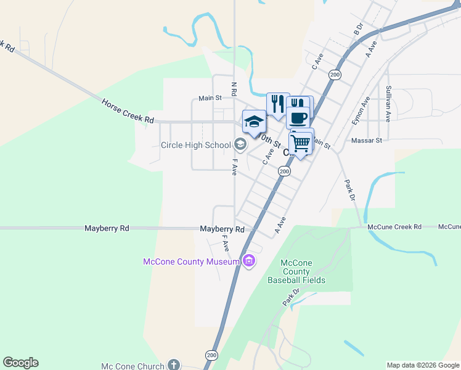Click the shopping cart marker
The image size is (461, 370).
(x=301, y=144)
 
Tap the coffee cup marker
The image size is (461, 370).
(x=298, y=117)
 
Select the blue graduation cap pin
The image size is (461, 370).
(x=253, y=121)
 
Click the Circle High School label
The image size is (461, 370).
(x=195, y=146)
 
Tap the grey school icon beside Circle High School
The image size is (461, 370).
(x=240, y=145)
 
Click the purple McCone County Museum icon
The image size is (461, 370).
(x=249, y=261)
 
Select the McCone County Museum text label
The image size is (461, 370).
(x=191, y=261)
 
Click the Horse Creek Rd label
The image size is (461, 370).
(x=127, y=112)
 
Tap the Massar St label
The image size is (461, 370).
(x=367, y=141)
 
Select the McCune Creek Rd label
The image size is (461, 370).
(x=394, y=227)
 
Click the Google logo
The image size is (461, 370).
(x=20, y=363)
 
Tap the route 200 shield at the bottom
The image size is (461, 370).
(x=211, y=356)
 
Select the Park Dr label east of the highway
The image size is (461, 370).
(x=349, y=191)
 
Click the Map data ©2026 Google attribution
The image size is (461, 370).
(x=423, y=365)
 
